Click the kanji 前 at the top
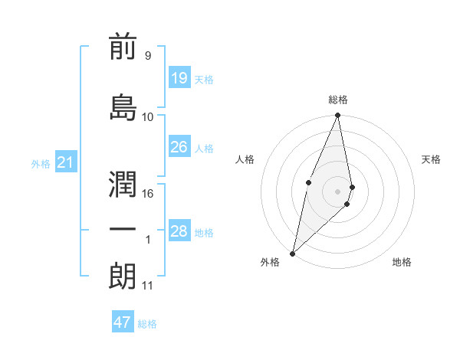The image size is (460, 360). pyautogui.click(x=123, y=48)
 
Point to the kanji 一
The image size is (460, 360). pyautogui.click(x=123, y=231)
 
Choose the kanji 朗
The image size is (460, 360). pyautogui.click(x=123, y=277)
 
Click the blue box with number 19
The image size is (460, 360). pyautogui.click(x=179, y=77)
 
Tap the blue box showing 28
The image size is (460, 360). pyautogui.click(x=179, y=231)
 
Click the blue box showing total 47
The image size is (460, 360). pyautogui.click(x=123, y=322)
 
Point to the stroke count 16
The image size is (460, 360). pyautogui.click(x=148, y=194)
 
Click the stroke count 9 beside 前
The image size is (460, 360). pyautogui.click(x=148, y=56)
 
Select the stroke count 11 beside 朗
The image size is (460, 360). pyautogui.click(x=148, y=286)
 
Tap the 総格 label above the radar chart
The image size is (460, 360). pyautogui.click(x=338, y=100)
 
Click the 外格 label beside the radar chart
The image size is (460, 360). pyautogui.click(x=270, y=262)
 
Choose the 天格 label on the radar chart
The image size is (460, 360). pyautogui.click(x=431, y=159)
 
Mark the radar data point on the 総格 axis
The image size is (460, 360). pyautogui.click(x=338, y=116)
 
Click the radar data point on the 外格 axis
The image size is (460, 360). pyautogui.click(x=292, y=253)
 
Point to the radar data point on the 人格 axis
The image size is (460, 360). pyautogui.click(x=308, y=182)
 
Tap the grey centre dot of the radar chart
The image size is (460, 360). pyautogui.click(x=338, y=191)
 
